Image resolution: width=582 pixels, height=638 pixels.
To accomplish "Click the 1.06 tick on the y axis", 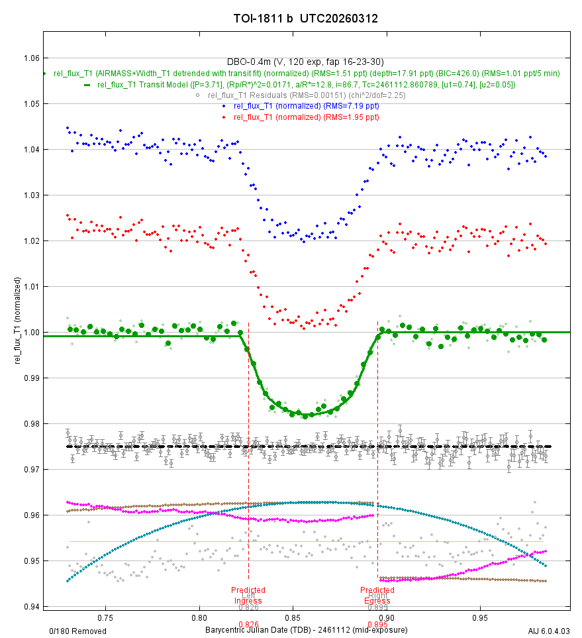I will pos(30,58).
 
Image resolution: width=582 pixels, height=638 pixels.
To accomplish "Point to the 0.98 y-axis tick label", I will pos(30,424).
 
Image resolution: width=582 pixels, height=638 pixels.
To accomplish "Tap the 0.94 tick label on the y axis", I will pos(30,607).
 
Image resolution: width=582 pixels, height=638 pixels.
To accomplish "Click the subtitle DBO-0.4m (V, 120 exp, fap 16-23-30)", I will pos(305,62).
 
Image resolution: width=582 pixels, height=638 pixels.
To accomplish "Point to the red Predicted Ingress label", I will pos(248,595).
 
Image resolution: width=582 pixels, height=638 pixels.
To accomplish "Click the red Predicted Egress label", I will pos(377,595).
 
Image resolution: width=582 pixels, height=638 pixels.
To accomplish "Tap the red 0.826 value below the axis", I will pos(248,624).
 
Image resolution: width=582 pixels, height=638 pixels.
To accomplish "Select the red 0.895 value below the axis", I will pos(377,624).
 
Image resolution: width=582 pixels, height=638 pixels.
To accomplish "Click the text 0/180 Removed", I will pos(78,631).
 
